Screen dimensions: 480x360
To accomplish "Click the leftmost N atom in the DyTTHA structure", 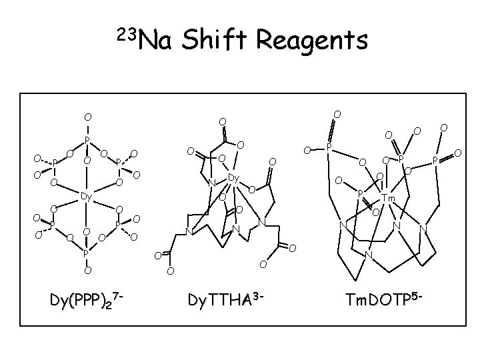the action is [x=189, y=232].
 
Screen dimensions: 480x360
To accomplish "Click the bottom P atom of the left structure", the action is [x=87, y=253].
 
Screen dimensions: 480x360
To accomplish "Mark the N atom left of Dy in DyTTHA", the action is [x=211, y=184].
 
